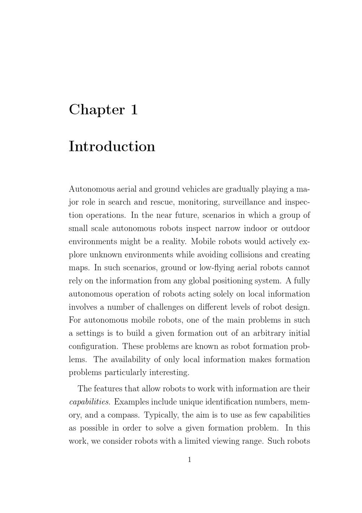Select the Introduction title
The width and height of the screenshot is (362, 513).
point(112,146)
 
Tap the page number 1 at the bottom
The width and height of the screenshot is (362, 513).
point(189,460)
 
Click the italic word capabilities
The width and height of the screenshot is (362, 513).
point(89,402)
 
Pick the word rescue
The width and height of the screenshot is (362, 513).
point(162,202)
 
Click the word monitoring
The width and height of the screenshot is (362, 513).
point(198,202)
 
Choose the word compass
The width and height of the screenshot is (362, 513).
point(123,415)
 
